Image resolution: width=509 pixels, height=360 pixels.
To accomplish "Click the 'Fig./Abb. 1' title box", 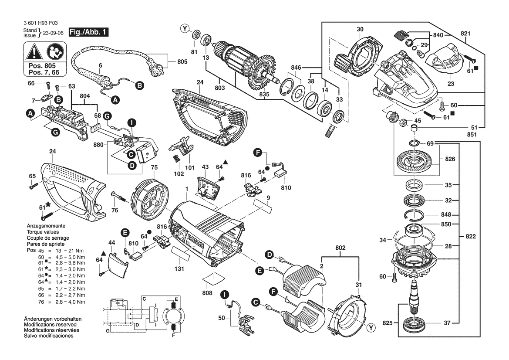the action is click(x=88, y=32).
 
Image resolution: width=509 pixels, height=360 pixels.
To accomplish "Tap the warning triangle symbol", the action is click(x=35, y=52).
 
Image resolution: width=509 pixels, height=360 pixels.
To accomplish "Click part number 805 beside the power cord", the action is click(x=182, y=62).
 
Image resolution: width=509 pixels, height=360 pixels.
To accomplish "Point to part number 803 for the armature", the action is click(x=220, y=88).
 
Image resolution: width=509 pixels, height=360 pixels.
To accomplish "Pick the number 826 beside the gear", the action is click(x=450, y=159).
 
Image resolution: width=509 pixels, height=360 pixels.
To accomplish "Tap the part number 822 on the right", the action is click(x=471, y=236).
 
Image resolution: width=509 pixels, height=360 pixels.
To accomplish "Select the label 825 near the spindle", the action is click(x=388, y=323).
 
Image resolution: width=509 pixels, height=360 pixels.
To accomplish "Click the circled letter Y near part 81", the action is click(x=185, y=29).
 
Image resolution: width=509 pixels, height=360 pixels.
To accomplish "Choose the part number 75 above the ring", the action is click(x=154, y=167).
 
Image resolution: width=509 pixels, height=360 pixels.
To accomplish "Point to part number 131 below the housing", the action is click(x=179, y=269).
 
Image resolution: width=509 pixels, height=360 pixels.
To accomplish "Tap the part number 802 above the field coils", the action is click(x=340, y=248).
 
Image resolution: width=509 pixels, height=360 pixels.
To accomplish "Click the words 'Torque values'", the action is click(x=43, y=232).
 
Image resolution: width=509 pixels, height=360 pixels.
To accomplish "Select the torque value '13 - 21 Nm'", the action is click(x=69, y=251).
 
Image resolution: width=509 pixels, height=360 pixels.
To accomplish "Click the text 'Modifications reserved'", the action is click(x=51, y=325).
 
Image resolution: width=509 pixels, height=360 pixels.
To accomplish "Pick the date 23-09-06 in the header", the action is click(x=53, y=33).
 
